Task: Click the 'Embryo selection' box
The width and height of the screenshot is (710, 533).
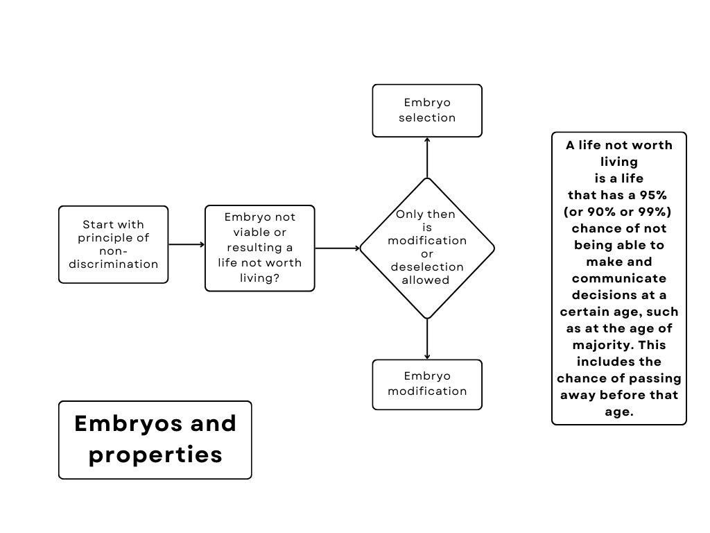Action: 427,110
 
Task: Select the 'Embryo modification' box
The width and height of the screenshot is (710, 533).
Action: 427,384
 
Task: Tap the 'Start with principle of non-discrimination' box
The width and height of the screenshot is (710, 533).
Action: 113,244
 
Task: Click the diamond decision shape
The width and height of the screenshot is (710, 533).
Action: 427,248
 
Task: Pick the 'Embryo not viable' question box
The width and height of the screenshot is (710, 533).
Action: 260,248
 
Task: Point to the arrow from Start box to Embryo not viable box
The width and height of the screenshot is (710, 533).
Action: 187,244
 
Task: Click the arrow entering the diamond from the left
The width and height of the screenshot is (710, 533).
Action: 337,248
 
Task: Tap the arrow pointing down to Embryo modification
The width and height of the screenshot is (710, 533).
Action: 427,339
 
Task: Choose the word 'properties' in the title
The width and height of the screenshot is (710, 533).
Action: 155,455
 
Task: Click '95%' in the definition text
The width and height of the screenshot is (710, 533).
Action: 651,195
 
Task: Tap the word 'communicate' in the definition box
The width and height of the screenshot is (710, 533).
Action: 619,278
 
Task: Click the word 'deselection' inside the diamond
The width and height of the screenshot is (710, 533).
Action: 427,267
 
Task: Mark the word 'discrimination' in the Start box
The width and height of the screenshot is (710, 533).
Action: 113,264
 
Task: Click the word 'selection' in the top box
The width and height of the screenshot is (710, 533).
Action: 427,118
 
